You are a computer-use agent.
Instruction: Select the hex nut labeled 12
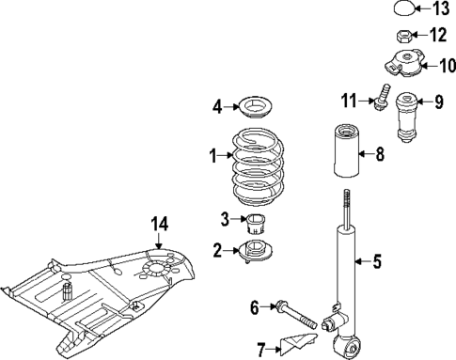[399, 37]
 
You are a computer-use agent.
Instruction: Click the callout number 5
[377, 262]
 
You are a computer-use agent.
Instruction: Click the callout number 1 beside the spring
[213, 154]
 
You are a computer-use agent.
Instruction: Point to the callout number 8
[380, 155]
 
